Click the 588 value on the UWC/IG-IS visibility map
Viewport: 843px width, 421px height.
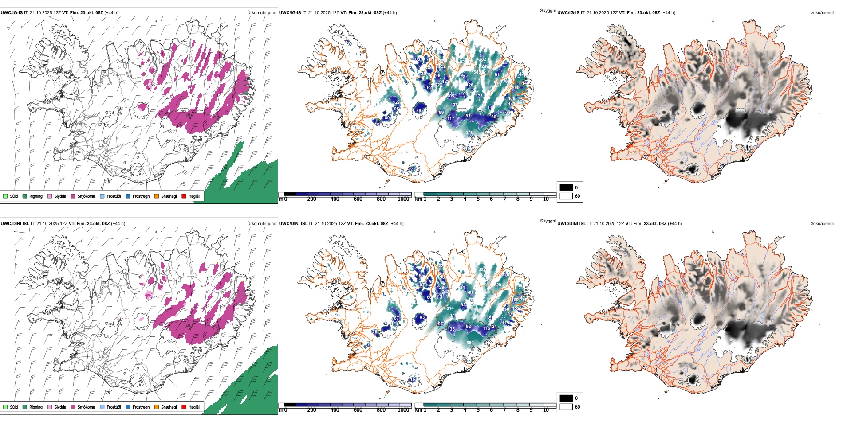click(477, 72)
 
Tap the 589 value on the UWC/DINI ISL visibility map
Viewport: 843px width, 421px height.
click(470, 343)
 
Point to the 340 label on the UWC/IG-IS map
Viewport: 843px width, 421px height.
click(469, 132)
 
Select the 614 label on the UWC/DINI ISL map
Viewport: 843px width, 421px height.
click(450, 308)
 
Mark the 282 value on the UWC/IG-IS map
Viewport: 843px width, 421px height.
click(483, 59)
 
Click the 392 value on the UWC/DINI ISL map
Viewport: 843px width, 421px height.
click(482, 269)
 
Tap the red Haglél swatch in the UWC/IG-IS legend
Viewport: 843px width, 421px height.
click(184, 196)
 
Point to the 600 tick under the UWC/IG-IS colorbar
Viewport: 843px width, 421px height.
click(358, 199)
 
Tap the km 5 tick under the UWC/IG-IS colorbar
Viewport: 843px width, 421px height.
click(478, 199)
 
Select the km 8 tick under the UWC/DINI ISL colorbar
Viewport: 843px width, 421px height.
click(518, 410)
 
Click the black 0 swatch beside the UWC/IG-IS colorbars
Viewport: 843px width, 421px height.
click(566, 187)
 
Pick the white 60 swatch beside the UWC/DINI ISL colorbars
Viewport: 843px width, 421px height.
click(566, 407)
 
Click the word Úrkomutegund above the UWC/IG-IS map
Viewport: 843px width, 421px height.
click(261, 12)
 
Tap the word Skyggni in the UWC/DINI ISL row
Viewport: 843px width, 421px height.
click(548, 221)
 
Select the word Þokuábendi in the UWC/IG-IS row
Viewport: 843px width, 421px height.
click(822, 12)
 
